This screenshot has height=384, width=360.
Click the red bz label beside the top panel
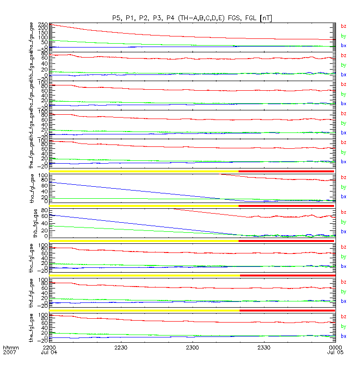coord(343,26)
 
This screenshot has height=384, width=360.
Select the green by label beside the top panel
coord(343,36)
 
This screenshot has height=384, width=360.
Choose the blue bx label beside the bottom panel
coord(343,336)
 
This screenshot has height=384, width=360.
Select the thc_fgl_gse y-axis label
coord(32,258)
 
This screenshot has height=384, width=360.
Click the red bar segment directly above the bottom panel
coord(287,311)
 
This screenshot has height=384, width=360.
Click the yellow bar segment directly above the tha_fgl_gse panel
coord(144,171)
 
